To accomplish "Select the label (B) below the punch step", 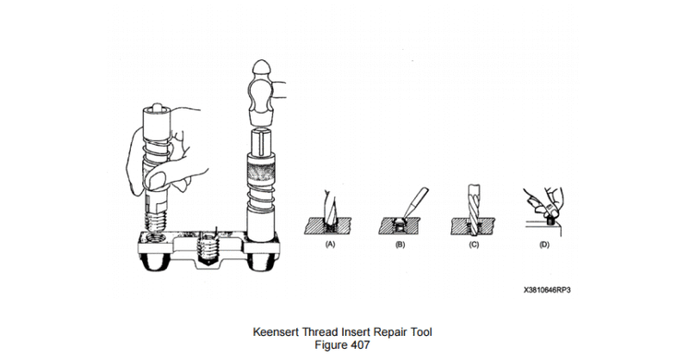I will coord(400,245).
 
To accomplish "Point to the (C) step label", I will coord(474,245).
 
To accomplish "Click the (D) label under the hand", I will coord(543,245).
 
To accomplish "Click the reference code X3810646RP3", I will coord(545,290).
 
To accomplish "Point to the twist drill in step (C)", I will coord(474,202).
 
